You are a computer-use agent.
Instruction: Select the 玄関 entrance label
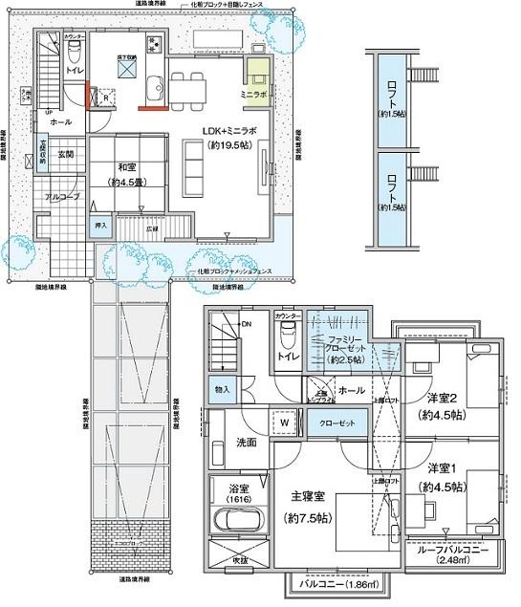pyautogui.click(x=65, y=154)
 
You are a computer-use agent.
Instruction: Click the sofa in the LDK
pyautogui.click(x=197, y=165)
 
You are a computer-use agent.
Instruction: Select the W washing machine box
pyautogui.click(x=284, y=422)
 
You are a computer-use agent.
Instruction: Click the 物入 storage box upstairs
pyautogui.click(x=222, y=389)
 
